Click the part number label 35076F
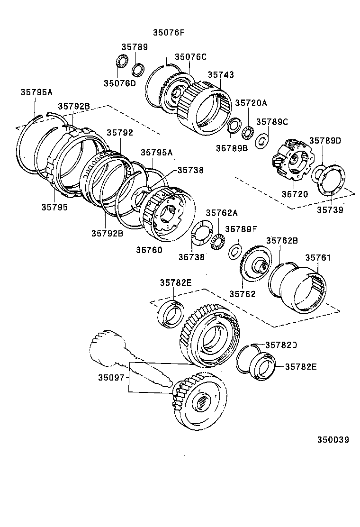pos(168,33)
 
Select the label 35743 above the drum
pos(221,75)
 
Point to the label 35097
pos(111,378)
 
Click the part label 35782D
pos(281,345)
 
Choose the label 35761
pos(317,258)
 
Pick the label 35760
pos(149,250)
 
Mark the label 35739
pos(330,209)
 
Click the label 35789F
pos(241,229)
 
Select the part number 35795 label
pos(54,207)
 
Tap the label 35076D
pos(119,83)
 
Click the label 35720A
pos(251,103)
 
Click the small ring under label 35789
pos(138,69)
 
